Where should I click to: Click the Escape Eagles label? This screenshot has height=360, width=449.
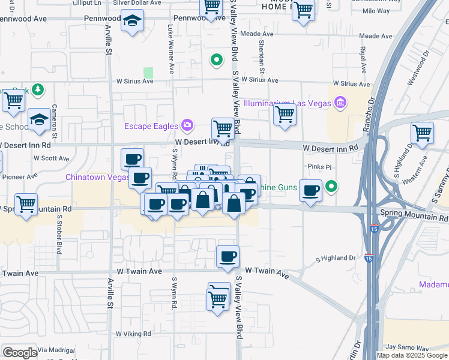click(x=151, y=126)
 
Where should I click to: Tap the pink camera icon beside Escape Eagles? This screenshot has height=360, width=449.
click(x=187, y=125)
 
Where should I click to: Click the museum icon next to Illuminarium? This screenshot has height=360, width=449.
click(x=340, y=103)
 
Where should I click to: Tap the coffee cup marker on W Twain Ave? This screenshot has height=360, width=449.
click(x=228, y=257)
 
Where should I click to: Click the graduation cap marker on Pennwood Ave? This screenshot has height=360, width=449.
click(x=131, y=23)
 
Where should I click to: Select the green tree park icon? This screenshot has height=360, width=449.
click(x=38, y=89)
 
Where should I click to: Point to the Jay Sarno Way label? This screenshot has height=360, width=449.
click(x=407, y=347)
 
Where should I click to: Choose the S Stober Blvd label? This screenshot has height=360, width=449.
click(x=59, y=230)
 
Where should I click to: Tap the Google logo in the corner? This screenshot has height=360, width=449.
click(x=20, y=353)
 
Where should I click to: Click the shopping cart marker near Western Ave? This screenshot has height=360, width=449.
click(x=423, y=134)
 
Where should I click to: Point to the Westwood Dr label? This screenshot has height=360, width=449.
click(x=419, y=68)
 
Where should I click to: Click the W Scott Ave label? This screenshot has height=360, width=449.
click(x=52, y=158)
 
